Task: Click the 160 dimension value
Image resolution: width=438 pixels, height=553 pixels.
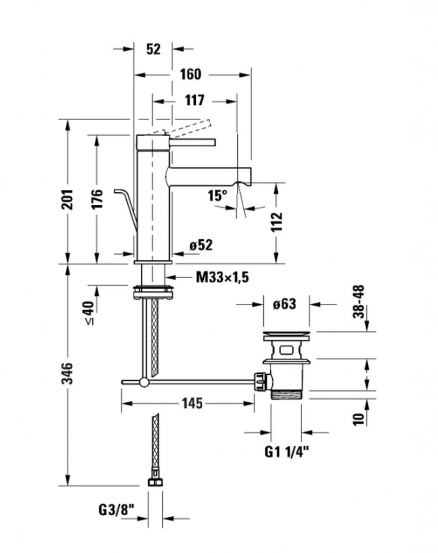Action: coord(190,75)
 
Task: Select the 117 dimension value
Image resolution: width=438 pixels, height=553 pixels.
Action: coord(195,100)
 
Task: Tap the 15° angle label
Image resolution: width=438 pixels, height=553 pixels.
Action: coord(217,195)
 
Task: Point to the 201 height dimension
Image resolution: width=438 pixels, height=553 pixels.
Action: coord(67,200)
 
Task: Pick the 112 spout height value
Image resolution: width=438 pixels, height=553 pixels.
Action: coord(277,222)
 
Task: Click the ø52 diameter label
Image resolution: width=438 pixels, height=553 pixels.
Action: coord(201,246)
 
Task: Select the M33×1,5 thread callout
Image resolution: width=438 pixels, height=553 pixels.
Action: coord(222,278)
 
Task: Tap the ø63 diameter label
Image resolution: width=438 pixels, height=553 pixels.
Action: coord(284,304)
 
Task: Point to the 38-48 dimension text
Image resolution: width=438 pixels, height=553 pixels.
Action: coord(359,302)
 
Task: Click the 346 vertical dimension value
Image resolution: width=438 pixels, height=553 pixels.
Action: coord(67,373)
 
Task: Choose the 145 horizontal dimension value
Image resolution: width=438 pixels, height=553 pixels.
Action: coord(193,403)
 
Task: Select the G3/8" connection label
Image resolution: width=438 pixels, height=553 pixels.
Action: coord(117,510)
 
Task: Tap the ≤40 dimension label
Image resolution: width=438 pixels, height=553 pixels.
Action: coord(89,313)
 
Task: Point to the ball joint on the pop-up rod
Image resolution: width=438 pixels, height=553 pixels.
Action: coord(144,382)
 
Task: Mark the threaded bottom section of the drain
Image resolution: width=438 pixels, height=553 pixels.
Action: coord(287,394)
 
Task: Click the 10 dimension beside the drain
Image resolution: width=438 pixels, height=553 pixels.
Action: coord(359,419)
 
